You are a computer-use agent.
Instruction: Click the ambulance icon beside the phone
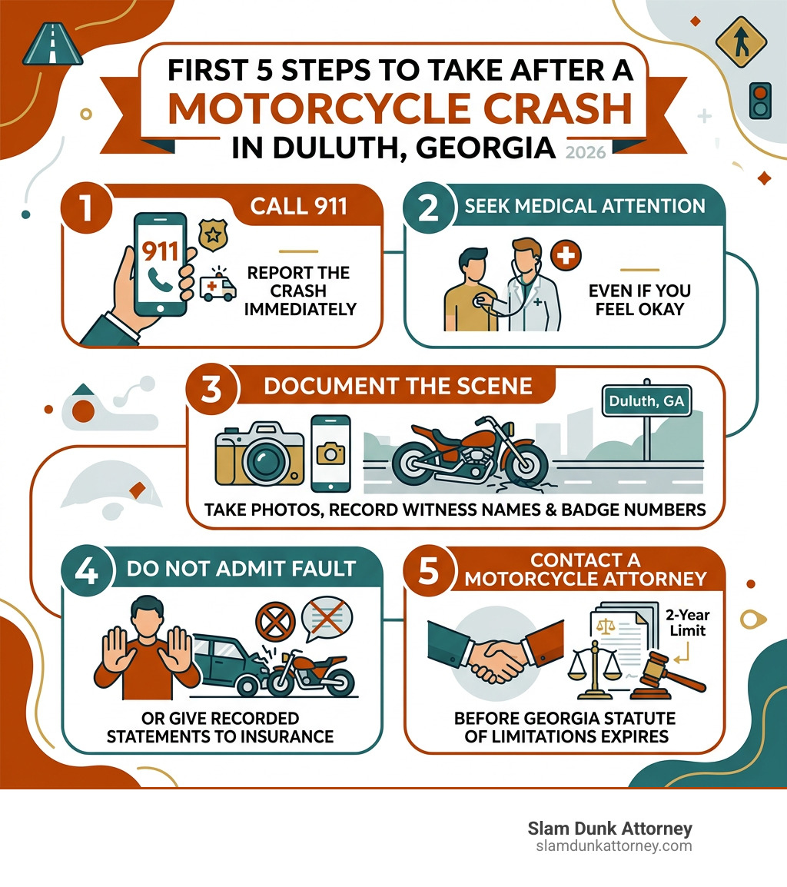pyautogui.click(x=218, y=287)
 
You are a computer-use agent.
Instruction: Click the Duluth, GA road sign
pyautogui.click(x=645, y=400)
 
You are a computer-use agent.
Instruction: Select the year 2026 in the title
pyautogui.click(x=585, y=151)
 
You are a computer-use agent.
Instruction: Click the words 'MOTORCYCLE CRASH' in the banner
pyautogui.click(x=400, y=110)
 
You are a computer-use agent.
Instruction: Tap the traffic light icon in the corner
pyautogui.click(x=759, y=100)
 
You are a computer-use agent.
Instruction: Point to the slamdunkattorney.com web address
pyautogui.click(x=613, y=846)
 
